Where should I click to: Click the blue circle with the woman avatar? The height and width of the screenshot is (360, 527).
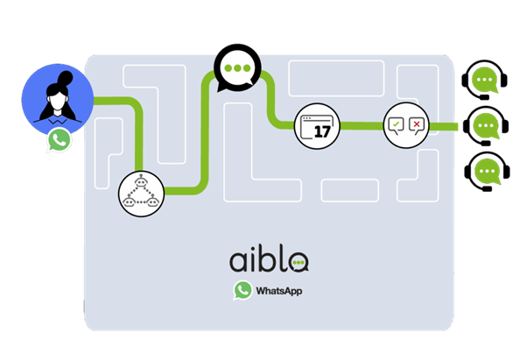coord(58,100)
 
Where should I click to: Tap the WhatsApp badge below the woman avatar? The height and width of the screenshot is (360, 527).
coord(60,140)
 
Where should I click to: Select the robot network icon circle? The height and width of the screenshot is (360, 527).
coord(142,194)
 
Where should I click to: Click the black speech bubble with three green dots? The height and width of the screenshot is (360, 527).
coord(237,68)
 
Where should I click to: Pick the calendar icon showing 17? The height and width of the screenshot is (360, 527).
coord(317,126)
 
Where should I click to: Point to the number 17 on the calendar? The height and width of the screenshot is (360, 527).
coord(322,131)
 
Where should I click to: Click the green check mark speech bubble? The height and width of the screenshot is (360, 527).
coord(396,126)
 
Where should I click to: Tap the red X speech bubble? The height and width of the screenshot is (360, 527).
coord(417,126)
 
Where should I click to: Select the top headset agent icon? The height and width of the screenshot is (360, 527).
coord(484,80)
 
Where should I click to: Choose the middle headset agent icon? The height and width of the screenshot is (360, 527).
coord(486,126)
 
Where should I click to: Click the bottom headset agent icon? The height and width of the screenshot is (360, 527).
coord(487,172)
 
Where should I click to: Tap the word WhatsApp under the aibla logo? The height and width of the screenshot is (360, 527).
coord(279,291)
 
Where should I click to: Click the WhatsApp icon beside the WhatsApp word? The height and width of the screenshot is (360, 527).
coord(243,290)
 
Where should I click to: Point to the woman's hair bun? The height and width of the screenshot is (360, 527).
coord(66,78)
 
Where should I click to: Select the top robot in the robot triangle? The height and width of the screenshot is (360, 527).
coord(141,181)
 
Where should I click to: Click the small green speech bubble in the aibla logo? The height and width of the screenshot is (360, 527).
coord(299,263)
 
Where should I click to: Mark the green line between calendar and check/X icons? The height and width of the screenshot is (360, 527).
coord(362,126)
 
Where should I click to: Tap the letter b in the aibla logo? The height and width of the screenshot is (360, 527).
coord(266,258)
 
